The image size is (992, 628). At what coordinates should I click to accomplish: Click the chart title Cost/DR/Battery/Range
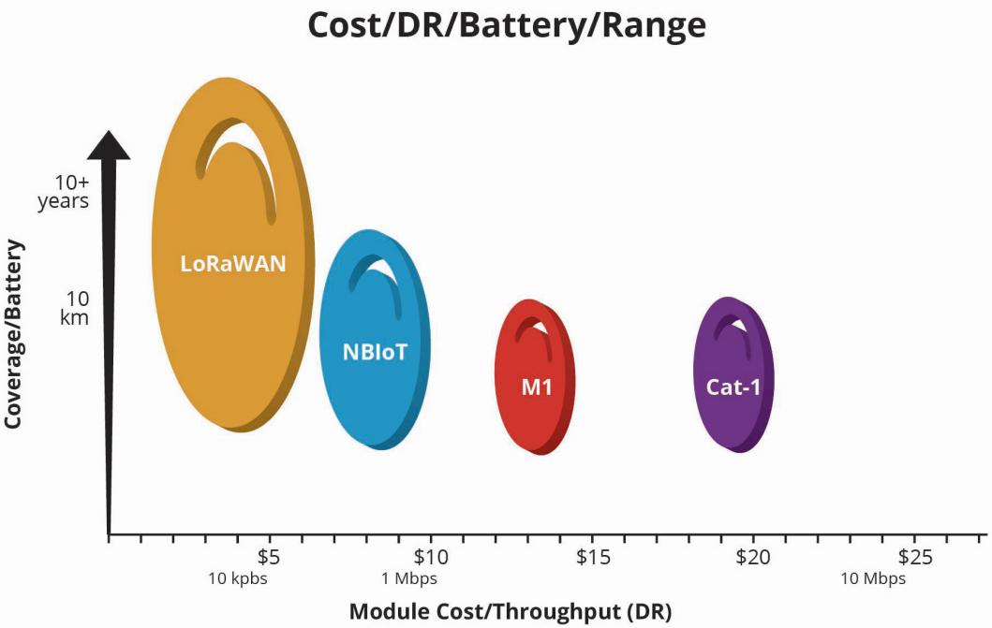click(x=506, y=25)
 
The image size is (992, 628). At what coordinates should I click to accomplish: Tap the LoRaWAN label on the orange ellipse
click(x=233, y=263)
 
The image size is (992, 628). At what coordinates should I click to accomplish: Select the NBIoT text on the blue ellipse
click(x=375, y=353)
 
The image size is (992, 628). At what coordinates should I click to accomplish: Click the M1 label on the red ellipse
click(x=537, y=386)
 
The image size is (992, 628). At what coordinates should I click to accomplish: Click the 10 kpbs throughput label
click(x=238, y=578)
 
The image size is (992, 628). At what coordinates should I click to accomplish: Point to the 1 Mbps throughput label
click(x=408, y=578)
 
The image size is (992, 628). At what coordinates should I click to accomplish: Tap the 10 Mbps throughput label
click(x=873, y=578)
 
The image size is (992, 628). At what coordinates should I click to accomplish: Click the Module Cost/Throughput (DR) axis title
click(x=510, y=611)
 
